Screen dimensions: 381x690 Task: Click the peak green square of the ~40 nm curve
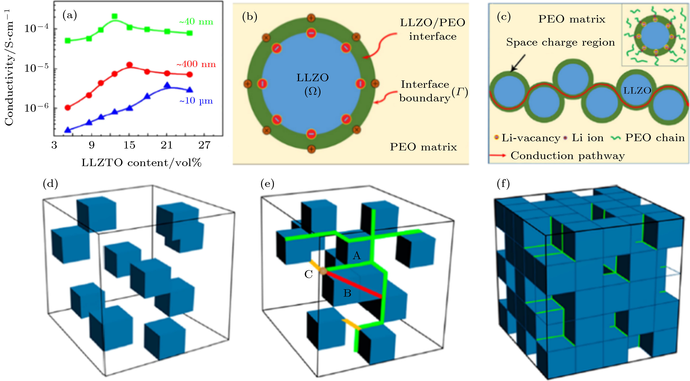pos(115,16)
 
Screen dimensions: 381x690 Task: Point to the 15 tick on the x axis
pos(129,145)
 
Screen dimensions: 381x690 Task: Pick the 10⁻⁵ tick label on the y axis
pos(36,68)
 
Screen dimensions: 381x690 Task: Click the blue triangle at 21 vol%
pos(167,85)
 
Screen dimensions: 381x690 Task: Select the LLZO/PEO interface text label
pos(432,30)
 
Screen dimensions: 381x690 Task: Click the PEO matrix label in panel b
pos(423,147)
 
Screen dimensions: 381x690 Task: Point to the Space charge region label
pos(560,42)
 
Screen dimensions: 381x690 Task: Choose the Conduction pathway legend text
pos(568,156)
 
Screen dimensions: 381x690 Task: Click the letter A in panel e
pos(356,256)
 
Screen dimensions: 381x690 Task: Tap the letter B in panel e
pos(347,293)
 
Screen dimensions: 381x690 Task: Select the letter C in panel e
pos(309,274)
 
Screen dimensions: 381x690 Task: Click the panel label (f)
pos(503,184)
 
